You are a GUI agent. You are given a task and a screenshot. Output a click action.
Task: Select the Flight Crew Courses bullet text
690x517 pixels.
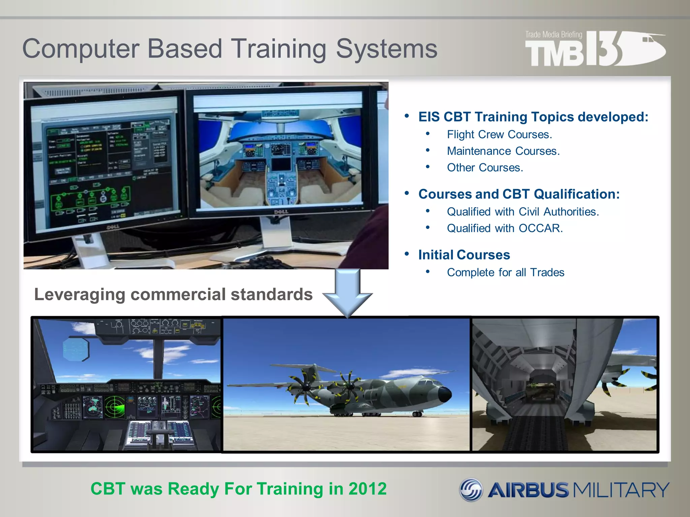[x=499, y=135]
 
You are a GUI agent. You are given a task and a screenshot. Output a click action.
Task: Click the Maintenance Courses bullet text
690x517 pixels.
[x=503, y=151]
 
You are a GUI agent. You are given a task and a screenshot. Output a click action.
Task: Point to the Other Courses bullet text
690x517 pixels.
[x=485, y=168]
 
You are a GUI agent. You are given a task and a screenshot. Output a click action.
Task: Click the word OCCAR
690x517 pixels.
[x=540, y=229]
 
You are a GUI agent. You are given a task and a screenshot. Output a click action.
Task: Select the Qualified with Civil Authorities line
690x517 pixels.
[x=523, y=212]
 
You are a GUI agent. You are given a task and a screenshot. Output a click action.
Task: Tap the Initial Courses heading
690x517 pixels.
[x=464, y=255]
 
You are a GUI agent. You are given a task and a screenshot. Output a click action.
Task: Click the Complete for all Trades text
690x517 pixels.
[x=505, y=273]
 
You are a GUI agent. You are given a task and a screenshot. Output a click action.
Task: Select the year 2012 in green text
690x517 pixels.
[x=368, y=489]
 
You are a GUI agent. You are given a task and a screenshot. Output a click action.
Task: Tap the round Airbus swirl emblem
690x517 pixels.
[x=471, y=490]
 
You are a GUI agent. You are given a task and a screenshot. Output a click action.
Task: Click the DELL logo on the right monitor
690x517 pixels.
[x=281, y=212]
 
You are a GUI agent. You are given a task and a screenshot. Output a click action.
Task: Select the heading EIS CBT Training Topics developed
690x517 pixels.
[x=533, y=117]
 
